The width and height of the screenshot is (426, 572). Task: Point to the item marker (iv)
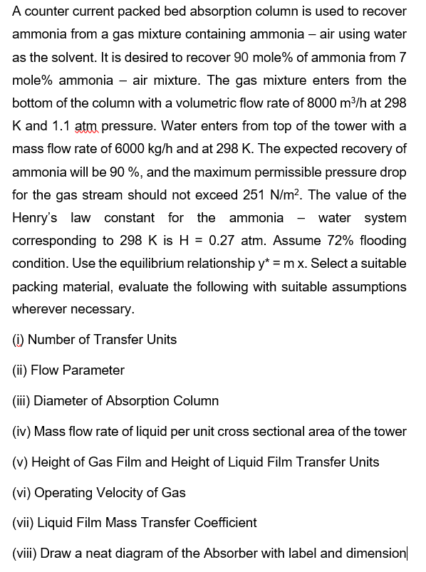click(x=21, y=432)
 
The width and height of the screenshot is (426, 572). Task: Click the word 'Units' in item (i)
click(x=162, y=340)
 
